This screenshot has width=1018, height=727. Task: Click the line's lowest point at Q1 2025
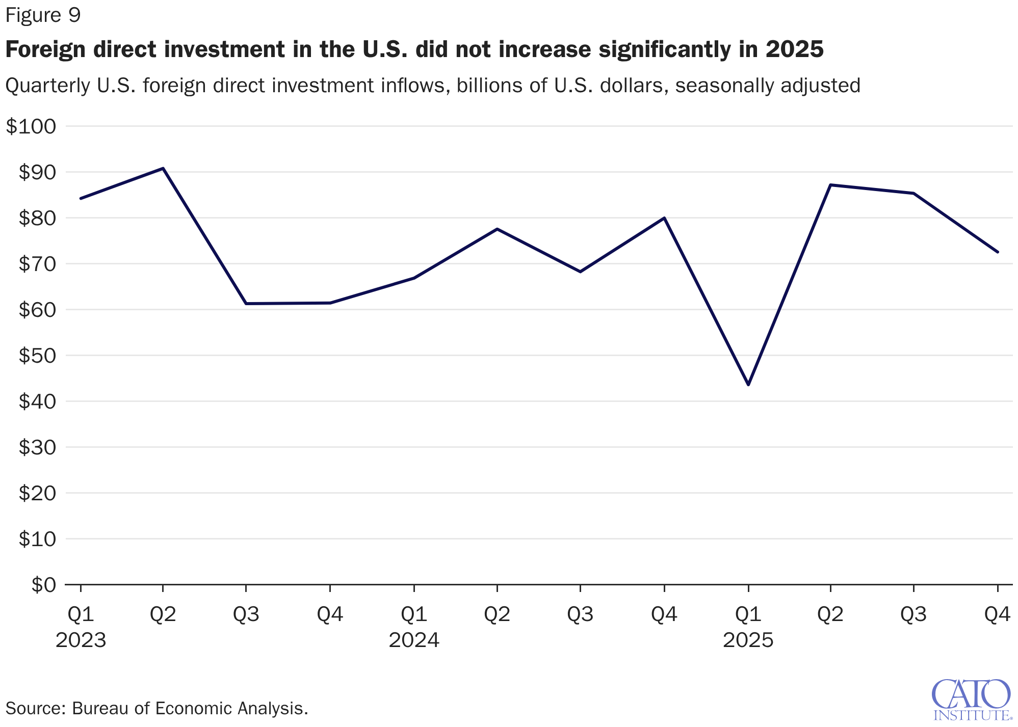[748, 385]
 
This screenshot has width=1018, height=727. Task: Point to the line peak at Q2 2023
[163, 168]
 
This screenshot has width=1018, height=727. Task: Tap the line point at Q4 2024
[664, 218]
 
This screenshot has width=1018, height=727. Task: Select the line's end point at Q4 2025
[998, 252]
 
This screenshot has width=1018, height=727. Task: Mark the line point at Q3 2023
[246, 304]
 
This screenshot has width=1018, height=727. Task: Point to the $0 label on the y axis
[44, 585]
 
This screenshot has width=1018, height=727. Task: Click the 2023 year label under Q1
[81, 640]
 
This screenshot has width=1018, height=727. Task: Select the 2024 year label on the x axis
[414, 640]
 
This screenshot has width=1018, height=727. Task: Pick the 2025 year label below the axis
[748, 640]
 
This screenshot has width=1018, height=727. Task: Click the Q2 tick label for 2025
[830, 615]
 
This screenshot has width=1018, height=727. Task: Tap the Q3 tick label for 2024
[581, 615]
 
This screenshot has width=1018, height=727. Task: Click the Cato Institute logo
[971, 699]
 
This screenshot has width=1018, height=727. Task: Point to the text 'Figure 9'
[43, 15]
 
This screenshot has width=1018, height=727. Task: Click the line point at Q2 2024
[497, 229]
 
